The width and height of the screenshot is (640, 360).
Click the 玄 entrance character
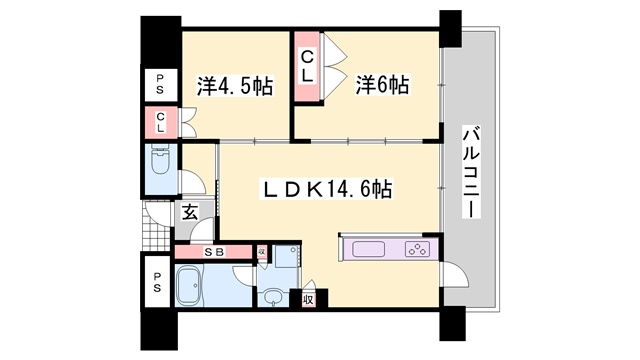(190, 212)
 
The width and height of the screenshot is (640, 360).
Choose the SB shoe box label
(213, 252)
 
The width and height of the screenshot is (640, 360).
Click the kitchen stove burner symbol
(415, 250)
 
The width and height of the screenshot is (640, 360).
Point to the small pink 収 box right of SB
(262, 252)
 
